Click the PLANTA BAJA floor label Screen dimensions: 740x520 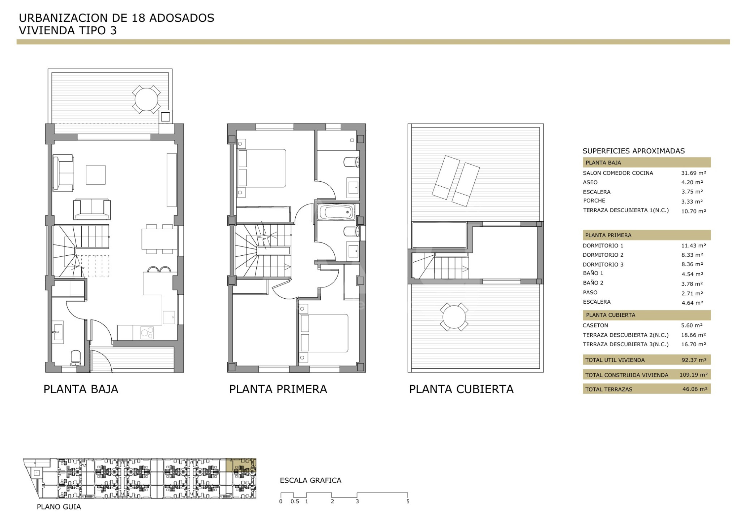81,389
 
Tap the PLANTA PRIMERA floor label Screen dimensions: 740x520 278,389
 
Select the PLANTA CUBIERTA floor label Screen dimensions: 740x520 461,389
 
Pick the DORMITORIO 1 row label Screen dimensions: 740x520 603,246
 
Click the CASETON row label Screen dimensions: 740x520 595,325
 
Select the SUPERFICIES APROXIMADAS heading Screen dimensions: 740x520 634,151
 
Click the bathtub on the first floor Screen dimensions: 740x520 337,212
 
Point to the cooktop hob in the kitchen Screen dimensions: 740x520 147,333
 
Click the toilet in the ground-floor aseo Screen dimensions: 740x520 76,357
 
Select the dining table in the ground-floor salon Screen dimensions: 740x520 159,239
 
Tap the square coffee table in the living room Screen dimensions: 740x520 95,175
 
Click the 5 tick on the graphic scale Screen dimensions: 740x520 408,501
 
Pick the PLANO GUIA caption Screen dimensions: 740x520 59,507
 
